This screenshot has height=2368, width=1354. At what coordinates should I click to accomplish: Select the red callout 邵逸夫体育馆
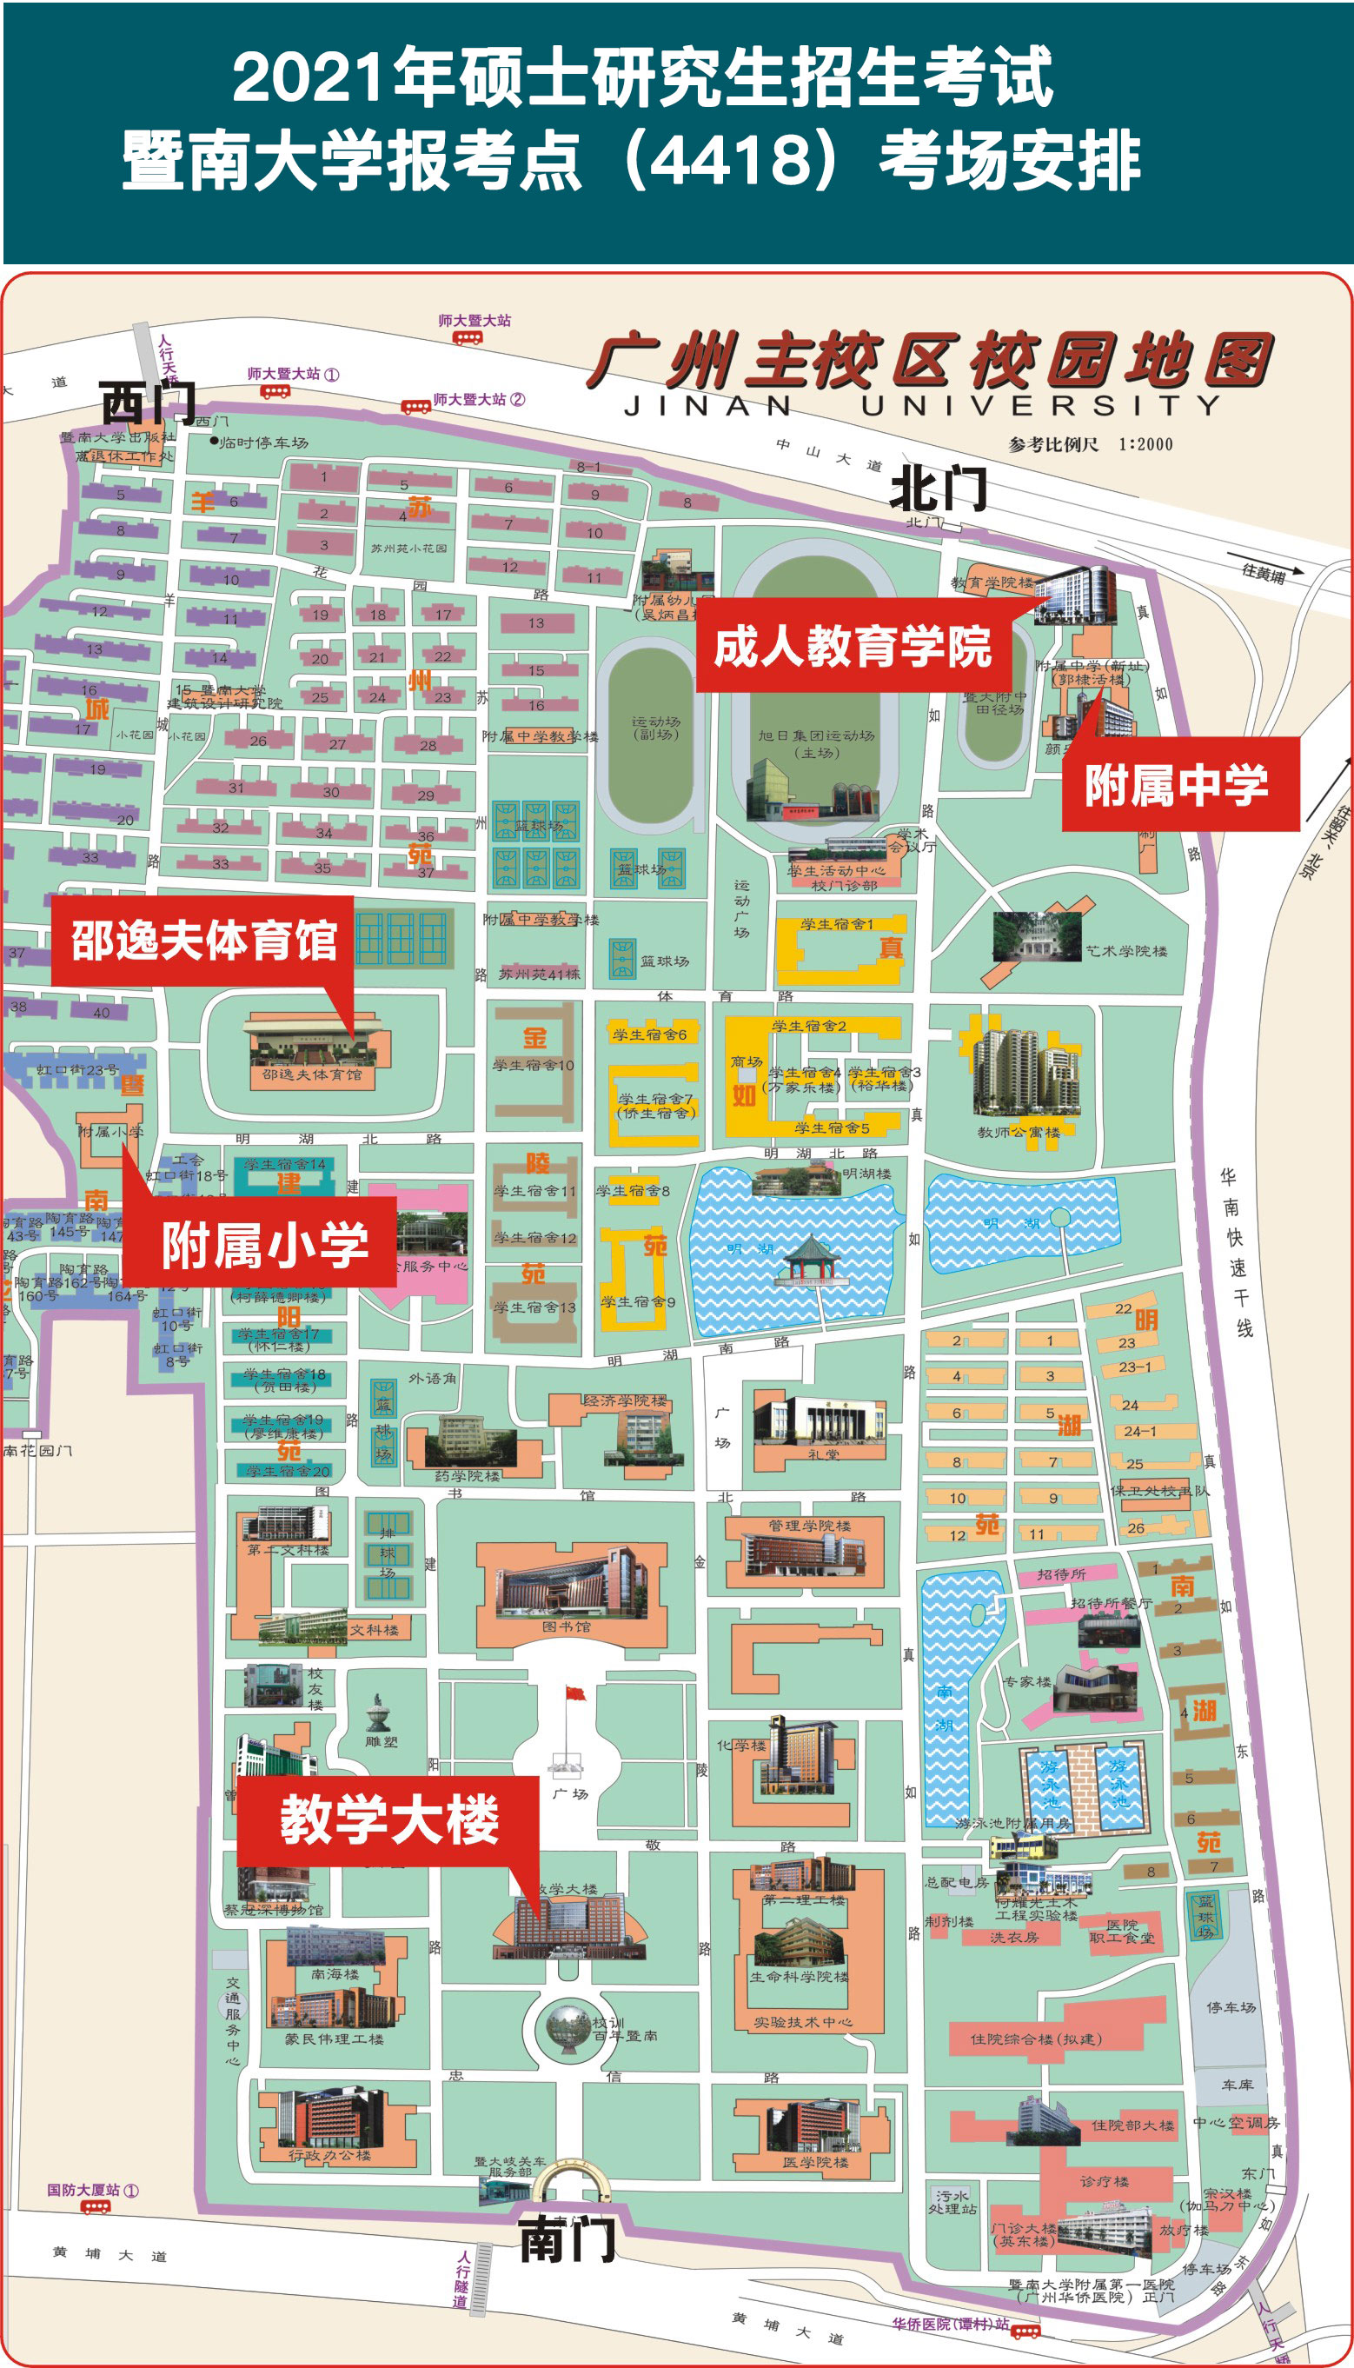pos(202,941)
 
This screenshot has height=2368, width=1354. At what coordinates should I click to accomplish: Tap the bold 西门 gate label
pos(147,402)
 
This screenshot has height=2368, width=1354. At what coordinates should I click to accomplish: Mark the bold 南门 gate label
pos(567,2238)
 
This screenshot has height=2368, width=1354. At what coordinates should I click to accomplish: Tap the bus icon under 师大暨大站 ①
pos(275,391)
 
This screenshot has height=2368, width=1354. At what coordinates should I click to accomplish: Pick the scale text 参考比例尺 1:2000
pos(1090,444)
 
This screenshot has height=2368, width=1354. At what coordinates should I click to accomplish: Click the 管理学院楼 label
pos(809,1526)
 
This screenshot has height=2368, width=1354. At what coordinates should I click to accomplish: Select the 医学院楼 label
pos(814,2163)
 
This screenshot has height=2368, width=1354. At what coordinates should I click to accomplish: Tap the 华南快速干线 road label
pos(1237,1253)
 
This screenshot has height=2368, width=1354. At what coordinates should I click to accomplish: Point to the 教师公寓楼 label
pos(1019,1132)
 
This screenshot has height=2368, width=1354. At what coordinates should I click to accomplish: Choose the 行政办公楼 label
pos(329,2155)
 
